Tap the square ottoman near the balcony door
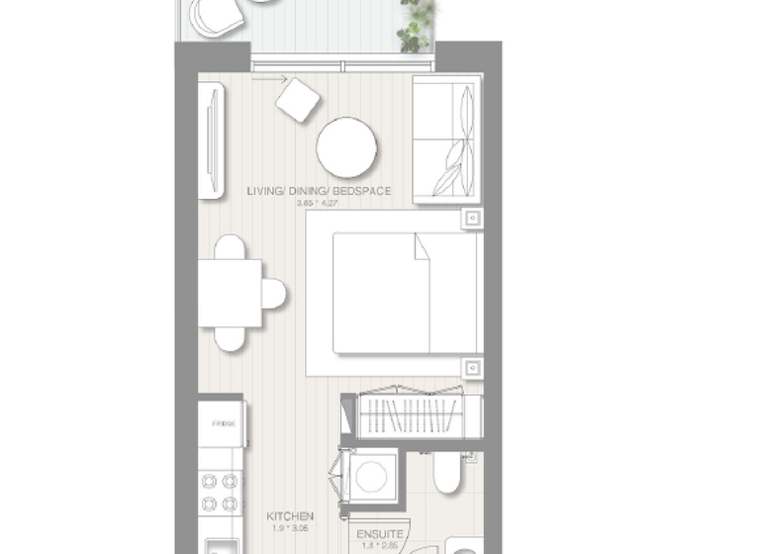point(297,99)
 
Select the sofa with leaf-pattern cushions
point(446,138)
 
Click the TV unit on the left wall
point(211,139)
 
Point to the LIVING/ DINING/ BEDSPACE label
point(319,191)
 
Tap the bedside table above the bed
point(473,218)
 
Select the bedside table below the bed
point(473,366)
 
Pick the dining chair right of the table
point(274,293)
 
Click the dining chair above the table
point(230,247)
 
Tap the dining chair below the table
point(230,338)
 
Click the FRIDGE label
point(221,424)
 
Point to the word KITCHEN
point(290,516)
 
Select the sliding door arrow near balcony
point(269,79)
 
